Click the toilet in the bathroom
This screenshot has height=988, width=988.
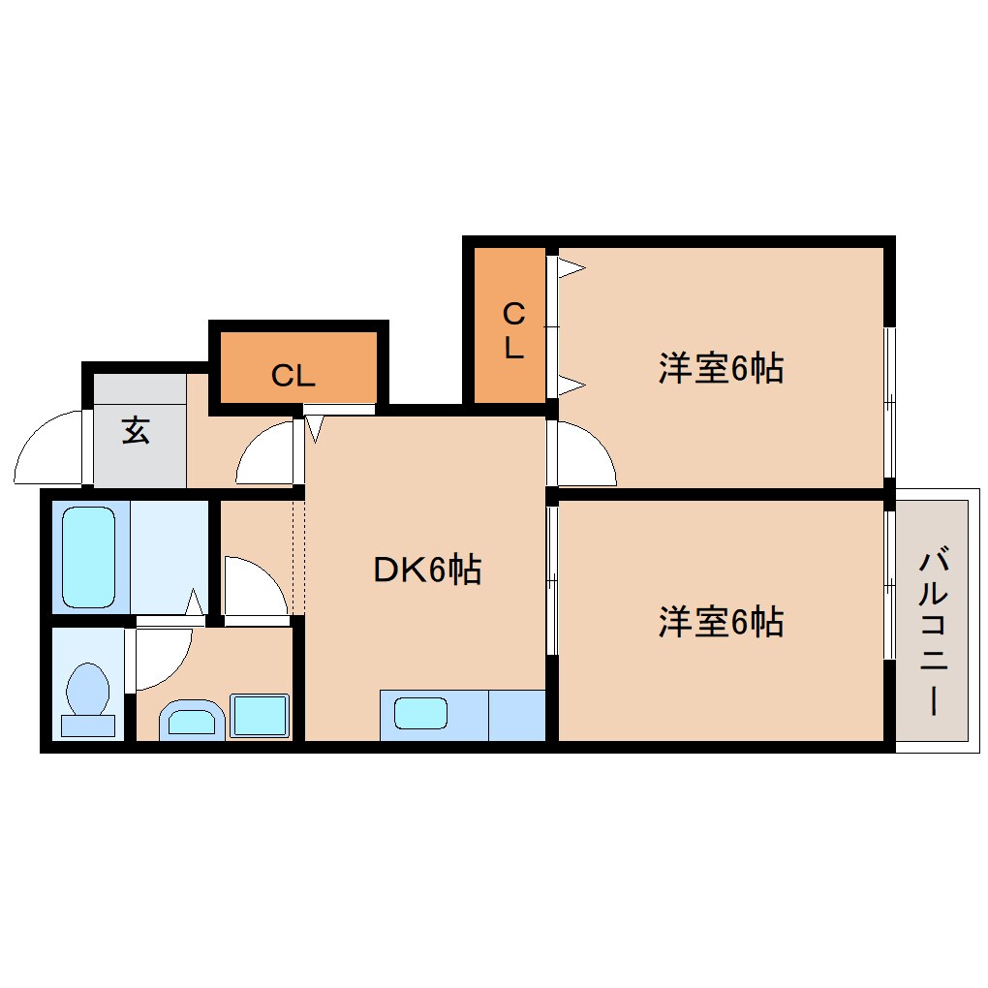pos(88,700)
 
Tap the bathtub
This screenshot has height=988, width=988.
pos(89,557)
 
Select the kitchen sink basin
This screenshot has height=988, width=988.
pos(421,713)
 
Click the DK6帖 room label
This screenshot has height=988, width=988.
pos(428,570)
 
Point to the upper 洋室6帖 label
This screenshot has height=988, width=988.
pos(721,368)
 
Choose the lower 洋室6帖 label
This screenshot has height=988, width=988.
pos(721,622)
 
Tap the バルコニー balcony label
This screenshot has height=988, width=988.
pos(933,632)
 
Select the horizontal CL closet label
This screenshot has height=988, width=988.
pos(293,376)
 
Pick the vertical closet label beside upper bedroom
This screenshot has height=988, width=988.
pos(514,330)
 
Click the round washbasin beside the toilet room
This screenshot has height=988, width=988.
pos(192,720)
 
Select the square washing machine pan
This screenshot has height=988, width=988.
pos(260,715)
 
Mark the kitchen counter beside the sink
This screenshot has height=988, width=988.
pos(516,715)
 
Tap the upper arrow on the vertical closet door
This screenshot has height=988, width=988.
pos(571,267)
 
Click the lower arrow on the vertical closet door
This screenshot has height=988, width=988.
pos(571,385)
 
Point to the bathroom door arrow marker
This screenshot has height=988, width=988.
pos(195,602)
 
